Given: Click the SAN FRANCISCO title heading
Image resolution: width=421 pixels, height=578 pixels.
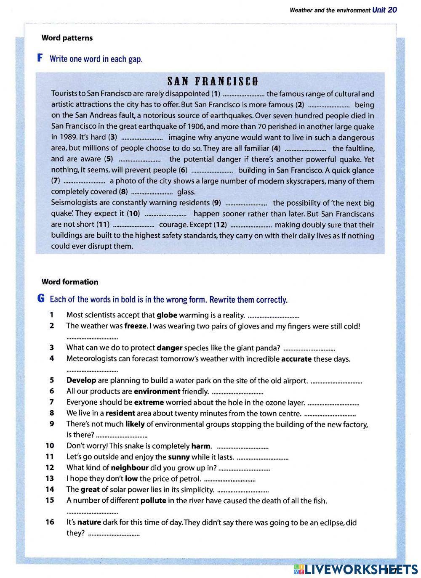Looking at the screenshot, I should [212, 81].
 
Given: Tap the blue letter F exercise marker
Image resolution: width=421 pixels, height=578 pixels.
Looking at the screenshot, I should [40, 58].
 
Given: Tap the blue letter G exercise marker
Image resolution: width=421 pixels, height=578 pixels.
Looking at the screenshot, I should [41, 299].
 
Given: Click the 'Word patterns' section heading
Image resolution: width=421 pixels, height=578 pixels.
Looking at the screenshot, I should [67, 38].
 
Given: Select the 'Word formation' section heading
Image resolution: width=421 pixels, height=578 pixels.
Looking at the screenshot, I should [69, 282].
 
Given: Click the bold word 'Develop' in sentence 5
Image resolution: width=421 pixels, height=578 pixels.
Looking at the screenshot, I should [81, 380].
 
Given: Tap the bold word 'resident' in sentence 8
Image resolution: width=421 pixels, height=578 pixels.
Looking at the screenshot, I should [120, 413].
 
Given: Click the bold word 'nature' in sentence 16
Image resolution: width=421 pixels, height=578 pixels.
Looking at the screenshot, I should [89, 522].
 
